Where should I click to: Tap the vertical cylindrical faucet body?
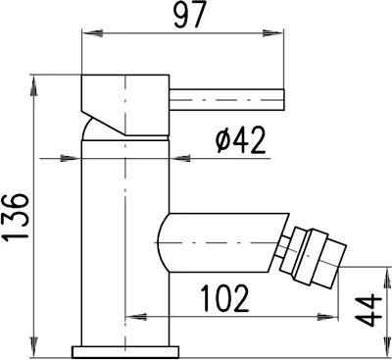coord(125,245)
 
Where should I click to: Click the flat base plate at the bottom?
coord(125,350)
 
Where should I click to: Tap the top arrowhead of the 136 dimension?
coord(35,79)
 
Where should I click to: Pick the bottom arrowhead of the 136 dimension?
coord(35,349)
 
